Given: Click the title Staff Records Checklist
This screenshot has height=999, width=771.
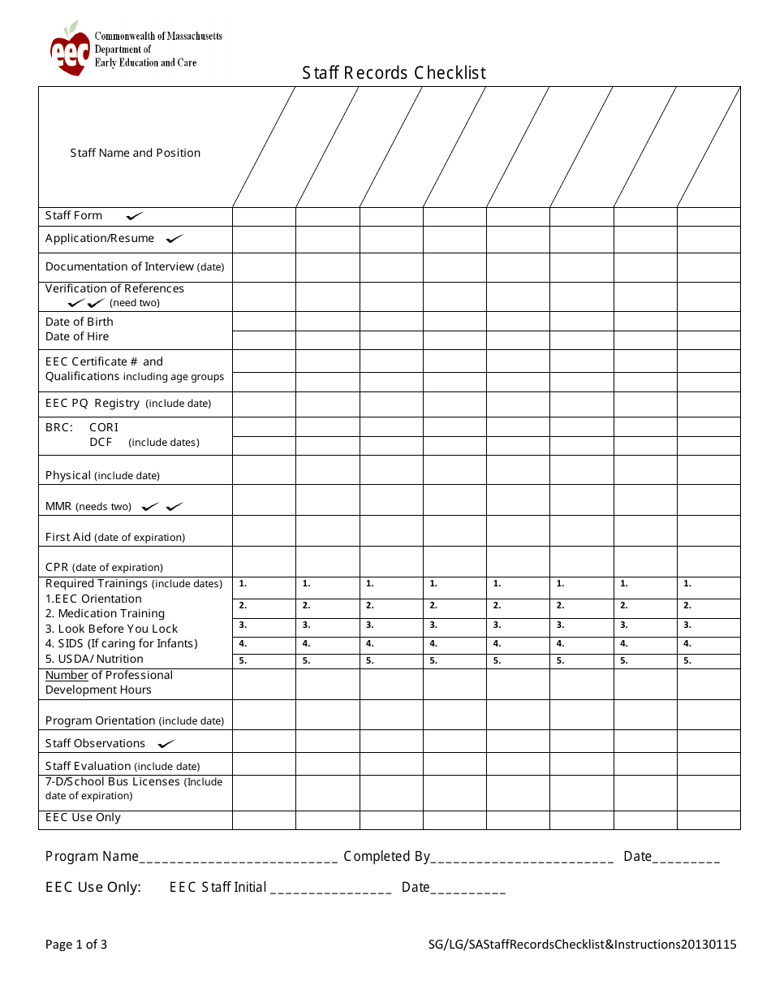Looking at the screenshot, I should click(394, 73).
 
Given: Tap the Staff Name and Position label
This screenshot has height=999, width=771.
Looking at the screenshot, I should click(135, 153).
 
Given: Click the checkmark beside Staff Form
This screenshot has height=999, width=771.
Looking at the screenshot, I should click(135, 216).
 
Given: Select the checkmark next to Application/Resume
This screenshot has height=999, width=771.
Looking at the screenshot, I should click(174, 239).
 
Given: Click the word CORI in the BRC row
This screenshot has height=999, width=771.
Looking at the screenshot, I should click(104, 427).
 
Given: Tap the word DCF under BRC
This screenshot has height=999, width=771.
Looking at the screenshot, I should click(101, 442).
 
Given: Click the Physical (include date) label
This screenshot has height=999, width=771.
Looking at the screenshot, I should click(102, 475).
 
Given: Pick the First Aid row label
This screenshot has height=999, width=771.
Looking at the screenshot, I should click(114, 537).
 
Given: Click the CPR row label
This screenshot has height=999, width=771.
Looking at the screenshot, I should click(104, 567).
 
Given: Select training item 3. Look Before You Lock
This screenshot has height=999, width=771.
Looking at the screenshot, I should click(111, 629).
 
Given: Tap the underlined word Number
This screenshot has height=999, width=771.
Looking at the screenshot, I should click(67, 675).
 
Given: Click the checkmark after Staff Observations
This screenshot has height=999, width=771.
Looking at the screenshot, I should click(166, 744).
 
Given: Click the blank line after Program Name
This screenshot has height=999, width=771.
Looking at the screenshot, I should click(239, 858).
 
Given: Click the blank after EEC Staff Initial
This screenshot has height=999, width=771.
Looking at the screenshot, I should click(330, 889).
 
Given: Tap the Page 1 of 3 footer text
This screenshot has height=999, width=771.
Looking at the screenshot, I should click(76, 944).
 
